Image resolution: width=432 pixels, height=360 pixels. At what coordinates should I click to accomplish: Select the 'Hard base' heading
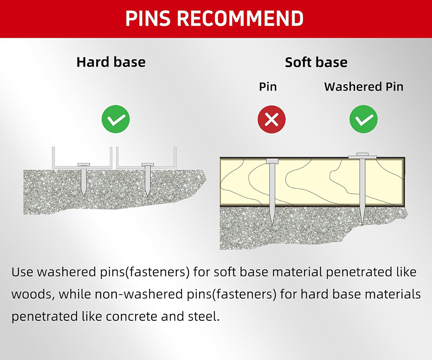tap(111, 62)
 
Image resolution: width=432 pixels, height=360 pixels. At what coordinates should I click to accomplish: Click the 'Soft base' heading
tap(316, 62)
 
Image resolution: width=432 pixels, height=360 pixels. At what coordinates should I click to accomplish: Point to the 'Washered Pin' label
tap(364, 86)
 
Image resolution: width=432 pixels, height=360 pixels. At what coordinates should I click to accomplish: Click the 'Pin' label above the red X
tap(268, 86)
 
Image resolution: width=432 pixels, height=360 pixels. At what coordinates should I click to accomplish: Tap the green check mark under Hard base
tap(116, 119)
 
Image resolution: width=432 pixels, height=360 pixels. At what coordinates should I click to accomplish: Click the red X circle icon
tap(272, 119)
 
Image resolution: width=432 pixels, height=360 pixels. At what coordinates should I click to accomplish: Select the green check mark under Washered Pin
tap(364, 119)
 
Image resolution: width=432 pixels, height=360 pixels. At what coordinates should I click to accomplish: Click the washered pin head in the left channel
tap(83, 165)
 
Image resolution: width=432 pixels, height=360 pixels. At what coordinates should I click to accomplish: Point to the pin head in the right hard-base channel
tap(148, 165)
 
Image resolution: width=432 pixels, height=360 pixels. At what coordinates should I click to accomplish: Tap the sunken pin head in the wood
tap(272, 161)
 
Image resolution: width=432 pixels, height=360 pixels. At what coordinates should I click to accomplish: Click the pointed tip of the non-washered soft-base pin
tap(273, 226)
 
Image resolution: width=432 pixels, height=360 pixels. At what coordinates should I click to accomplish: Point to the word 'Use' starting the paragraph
tap(22, 272)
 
